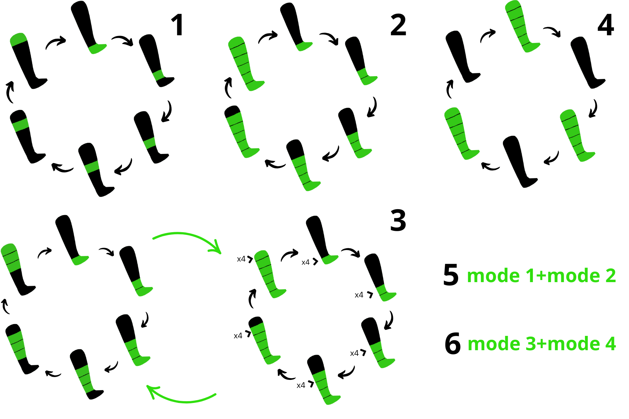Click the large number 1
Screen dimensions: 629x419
178,25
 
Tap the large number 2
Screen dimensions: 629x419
398,25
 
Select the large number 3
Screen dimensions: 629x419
398,220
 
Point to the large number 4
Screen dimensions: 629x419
606,25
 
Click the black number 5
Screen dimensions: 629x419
451,275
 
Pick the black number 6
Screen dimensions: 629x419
453,344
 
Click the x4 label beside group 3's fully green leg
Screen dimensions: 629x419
241,259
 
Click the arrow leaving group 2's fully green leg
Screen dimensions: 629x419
268,36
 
